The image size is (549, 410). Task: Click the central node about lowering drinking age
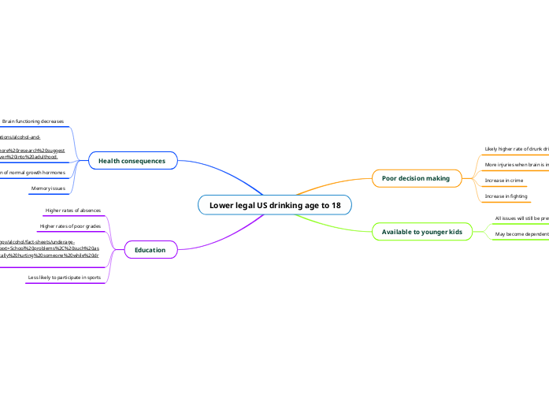pyautogui.click(x=274, y=205)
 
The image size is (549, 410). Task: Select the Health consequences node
pyautogui.click(x=132, y=161)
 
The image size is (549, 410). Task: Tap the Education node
pyautogui.click(x=150, y=250)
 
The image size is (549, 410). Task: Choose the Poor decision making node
pyautogui.click(x=415, y=178)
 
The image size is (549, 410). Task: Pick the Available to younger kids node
pyautogui.click(x=421, y=232)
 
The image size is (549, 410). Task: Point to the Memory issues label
pyautogui.click(x=48, y=188)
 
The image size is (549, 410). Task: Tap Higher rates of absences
pyautogui.click(x=72, y=211)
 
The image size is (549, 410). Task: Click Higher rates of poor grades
pyautogui.click(x=70, y=226)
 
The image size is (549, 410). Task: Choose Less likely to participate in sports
pyautogui.click(x=64, y=278)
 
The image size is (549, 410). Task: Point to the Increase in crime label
pyautogui.click(x=504, y=181)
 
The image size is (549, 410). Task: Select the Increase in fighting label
pyautogui.click(x=506, y=196)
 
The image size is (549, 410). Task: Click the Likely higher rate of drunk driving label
pyautogui.click(x=516, y=148)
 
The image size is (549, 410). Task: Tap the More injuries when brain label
pyautogui.click(x=516, y=165)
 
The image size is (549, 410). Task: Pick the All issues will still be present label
pyautogui.click(x=521, y=218)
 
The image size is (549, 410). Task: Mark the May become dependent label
pyautogui.click(x=521, y=234)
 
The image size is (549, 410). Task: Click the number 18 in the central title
pyautogui.click(x=336, y=205)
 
